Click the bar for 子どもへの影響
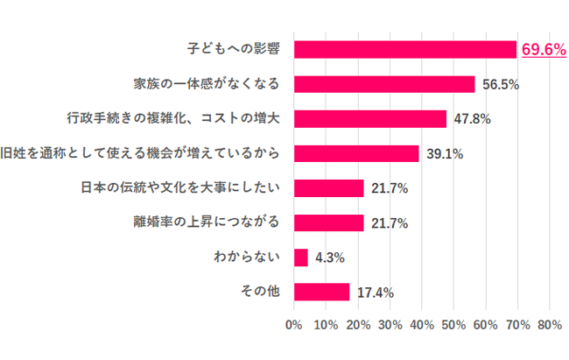(405, 49)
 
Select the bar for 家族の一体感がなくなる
(384, 84)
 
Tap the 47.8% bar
(370, 119)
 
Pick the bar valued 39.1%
(356, 153)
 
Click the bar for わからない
(301, 258)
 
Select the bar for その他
(322, 292)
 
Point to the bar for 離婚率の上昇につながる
(329, 222)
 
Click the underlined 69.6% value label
(544, 50)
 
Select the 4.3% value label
(329, 258)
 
